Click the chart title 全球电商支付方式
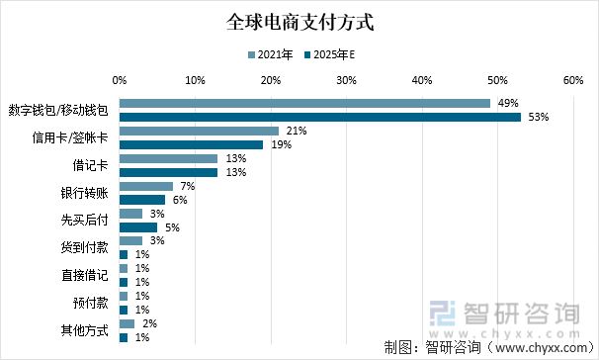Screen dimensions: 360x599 point(299,21)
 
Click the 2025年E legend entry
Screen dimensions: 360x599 point(328,54)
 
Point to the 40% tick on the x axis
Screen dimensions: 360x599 point(422,80)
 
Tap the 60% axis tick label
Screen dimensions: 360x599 point(572,80)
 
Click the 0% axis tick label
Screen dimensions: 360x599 point(120,80)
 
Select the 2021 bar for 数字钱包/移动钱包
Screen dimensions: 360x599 point(304,103)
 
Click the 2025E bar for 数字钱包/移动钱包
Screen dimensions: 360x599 point(319,118)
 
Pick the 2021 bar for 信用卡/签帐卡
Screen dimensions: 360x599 point(199,131)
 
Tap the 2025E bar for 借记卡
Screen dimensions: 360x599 point(168,173)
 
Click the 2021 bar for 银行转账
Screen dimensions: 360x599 point(145,186)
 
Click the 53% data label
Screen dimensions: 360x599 point(539,118)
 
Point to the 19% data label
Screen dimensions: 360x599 point(281,145)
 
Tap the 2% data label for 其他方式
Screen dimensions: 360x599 point(148,323)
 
